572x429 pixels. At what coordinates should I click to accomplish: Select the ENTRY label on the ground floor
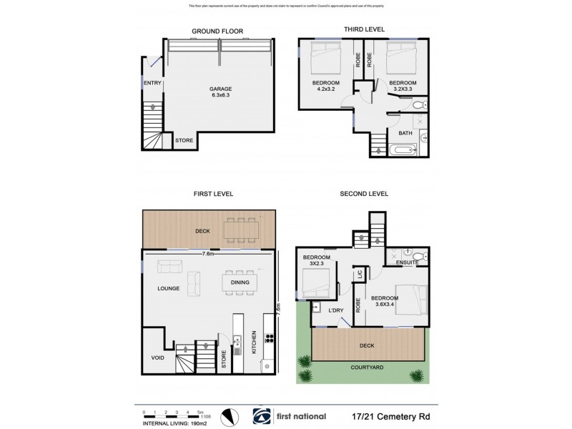[152, 83]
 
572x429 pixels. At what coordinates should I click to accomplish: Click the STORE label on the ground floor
[184, 140]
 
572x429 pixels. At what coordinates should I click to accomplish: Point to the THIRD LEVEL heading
[365, 29]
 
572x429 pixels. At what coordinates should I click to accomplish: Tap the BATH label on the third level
[405, 133]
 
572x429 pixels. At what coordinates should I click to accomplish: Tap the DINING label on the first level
[240, 282]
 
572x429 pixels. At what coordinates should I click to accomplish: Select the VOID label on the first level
[157, 358]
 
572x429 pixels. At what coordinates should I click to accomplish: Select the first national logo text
[299, 416]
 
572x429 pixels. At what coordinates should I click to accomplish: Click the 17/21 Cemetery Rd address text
[393, 416]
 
